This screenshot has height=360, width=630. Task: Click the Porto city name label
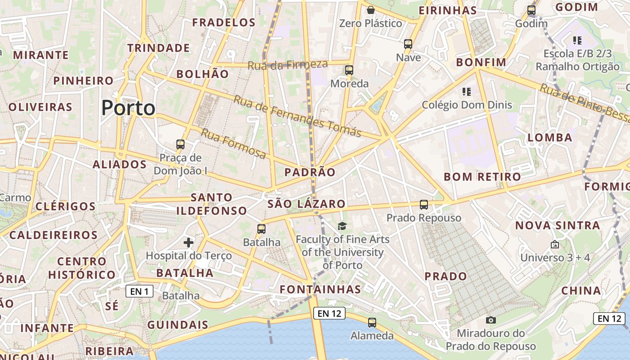click(128, 108)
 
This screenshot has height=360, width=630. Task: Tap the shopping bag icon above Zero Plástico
click(371, 10)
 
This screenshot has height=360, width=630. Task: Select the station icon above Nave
click(408, 44)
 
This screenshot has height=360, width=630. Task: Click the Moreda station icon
click(349, 70)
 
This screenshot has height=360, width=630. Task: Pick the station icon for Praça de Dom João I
click(180, 144)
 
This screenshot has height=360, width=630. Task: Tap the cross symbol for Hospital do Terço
click(189, 243)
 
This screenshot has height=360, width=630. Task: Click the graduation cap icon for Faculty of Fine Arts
click(342, 226)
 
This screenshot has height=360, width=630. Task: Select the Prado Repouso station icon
click(424, 205)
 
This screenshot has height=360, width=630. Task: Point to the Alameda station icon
click(372, 322)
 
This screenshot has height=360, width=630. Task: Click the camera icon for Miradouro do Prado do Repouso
click(491, 320)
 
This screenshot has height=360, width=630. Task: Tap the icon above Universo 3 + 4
click(555, 245)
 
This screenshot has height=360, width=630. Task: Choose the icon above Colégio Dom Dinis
click(467, 92)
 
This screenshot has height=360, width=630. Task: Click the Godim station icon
click(531, 10)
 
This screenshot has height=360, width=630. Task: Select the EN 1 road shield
click(139, 292)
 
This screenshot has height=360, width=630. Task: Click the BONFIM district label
click(481, 62)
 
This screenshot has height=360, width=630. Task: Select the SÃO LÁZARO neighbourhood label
click(306, 204)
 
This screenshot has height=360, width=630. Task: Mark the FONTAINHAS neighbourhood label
click(320, 289)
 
